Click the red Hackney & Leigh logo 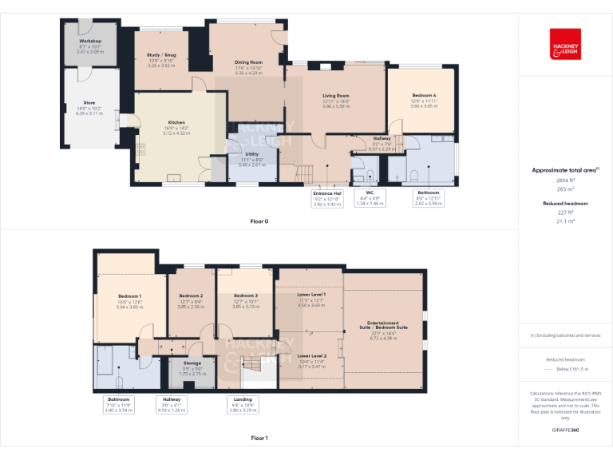pos(565,44)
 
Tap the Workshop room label pos(89,40)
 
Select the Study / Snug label pos(161,55)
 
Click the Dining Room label pos(248,61)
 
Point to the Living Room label pos(336,95)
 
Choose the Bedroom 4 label pos(423,95)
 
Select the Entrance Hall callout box pos(326,198)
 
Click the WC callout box pos(370,198)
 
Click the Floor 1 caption pos(259,438)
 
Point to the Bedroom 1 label pos(130,296)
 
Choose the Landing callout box pos(241,404)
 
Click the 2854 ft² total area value pos(565,180)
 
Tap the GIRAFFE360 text pos(565,430)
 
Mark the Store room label pos(89,102)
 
